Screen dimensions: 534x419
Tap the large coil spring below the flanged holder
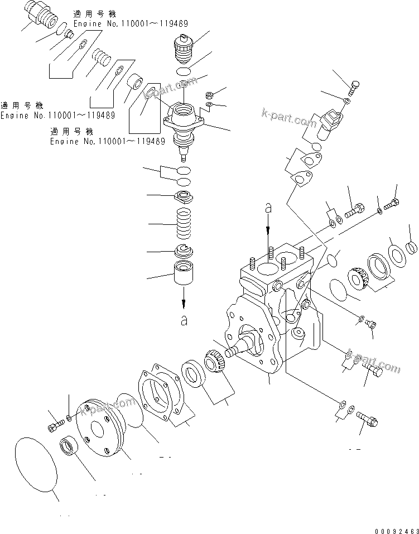184,224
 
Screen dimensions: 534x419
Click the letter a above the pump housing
268,208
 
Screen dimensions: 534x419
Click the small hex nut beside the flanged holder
209,95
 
